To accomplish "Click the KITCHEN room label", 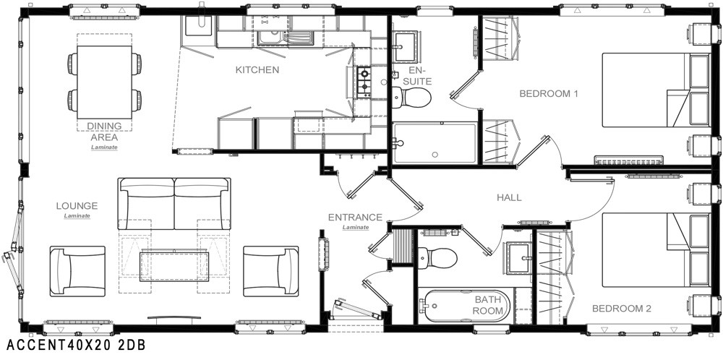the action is click(x=257, y=70).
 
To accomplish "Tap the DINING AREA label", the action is click(x=104, y=132).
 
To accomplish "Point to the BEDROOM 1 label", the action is click(x=549, y=93).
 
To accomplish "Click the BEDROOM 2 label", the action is click(x=622, y=309).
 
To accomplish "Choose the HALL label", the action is click(x=509, y=198).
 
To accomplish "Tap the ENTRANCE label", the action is click(x=355, y=217).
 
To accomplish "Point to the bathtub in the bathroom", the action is click(x=465, y=306).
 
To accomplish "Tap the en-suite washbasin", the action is click(x=406, y=46).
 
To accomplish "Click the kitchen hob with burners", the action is click(x=364, y=82).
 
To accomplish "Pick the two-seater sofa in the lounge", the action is click(x=174, y=203).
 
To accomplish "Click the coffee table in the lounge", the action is click(x=174, y=265).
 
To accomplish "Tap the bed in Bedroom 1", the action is click(x=656, y=90).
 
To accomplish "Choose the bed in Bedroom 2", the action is click(x=656, y=250).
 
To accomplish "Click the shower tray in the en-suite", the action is click(x=435, y=142).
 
